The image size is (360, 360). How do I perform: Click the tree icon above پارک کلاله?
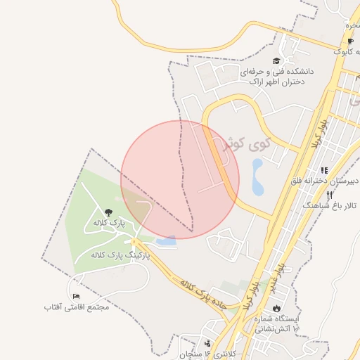(108, 212)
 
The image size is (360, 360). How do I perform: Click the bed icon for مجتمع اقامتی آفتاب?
(76, 296)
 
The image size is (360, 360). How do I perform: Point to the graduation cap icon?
(276, 61)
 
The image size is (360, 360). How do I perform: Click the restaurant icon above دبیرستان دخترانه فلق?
(324, 169)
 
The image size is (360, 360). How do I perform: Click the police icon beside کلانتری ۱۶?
(207, 344)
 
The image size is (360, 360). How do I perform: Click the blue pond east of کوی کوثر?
(257, 177)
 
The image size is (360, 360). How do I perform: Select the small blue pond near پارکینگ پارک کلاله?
(167, 242)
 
